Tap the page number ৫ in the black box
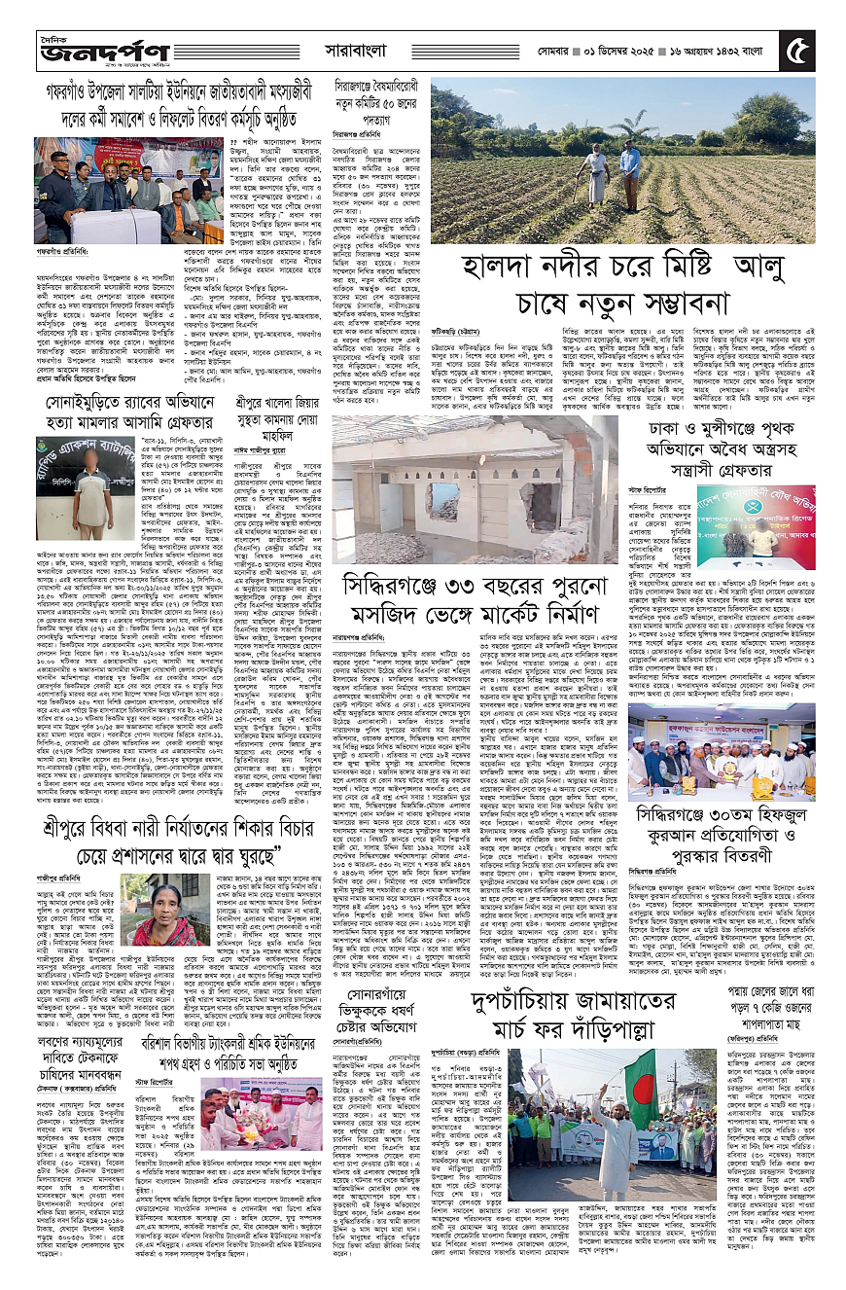[x=797, y=50]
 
